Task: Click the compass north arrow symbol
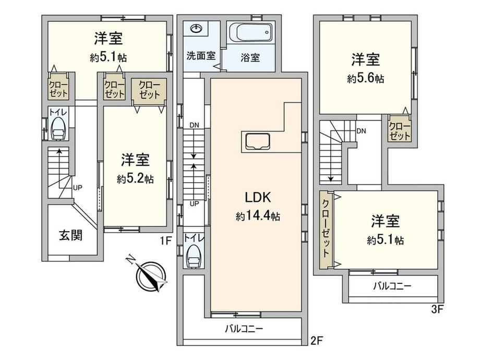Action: pyautogui.click(x=150, y=275)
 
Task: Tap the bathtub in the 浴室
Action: pyautogui.click(x=250, y=33)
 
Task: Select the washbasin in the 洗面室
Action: pyautogui.click(x=197, y=29)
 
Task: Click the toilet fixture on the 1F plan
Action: pyautogui.click(x=58, y=129)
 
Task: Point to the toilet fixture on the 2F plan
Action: pyautogui.click(x=194, y=257)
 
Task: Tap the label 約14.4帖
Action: pyautogui.click(x=258, y=216)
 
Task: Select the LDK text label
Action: pyautogui.click(x=258, y=197)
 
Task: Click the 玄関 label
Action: pyautogui.click(x=71, y=235)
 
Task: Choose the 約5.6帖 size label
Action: pyautogui.click(x=365, y=78)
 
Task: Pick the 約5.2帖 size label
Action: pyautogui.click(x=135, y=178)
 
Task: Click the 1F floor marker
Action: pyautogui.click(x=165, y=241)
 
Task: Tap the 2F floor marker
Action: pyautogui.click(x=317, y=340)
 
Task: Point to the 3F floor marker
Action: pyautogui.click(x=437, y=309)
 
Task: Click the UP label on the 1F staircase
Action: pyautogui.click(x=77, y=187)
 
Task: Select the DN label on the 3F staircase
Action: pyautogui.click(x=361, y=131)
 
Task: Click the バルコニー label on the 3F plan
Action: pyautogui.click(x=392, y=286)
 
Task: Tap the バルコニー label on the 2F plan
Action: pyautogui.click(x=244, y=329)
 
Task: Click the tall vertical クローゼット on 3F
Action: pyautogui.click(x=326, y=230)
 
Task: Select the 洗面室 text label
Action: pyautogui.click(x=201, y=56)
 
